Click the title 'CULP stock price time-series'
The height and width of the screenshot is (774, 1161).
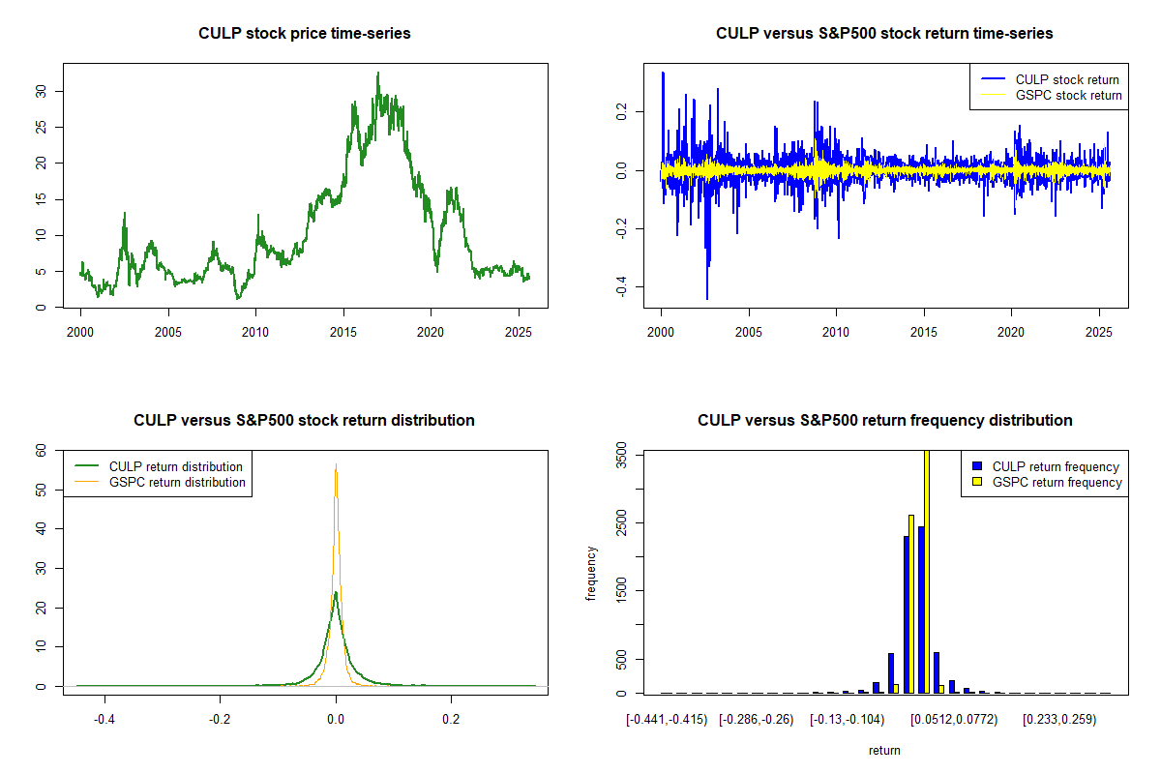tap(305, 34)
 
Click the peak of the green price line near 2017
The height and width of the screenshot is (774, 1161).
tap(378, 73)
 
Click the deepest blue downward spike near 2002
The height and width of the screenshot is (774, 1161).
tap(707, 299)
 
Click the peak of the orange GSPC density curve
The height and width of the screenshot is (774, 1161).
tap(336, 465)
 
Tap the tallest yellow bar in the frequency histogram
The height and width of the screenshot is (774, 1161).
tap(926, 571)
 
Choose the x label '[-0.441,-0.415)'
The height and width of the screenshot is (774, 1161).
tap(667, 720)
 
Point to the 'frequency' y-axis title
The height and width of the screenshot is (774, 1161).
tap(591, 573)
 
